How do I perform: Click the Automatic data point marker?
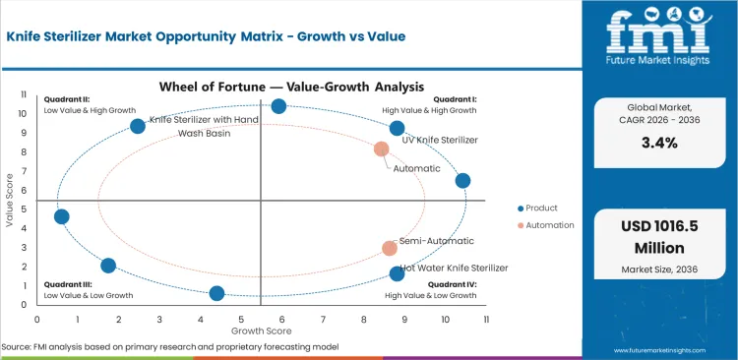point(382,150)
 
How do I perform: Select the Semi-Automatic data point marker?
point(390,249)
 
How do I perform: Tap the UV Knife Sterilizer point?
point(397,128)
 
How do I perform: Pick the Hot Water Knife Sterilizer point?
point(397,273)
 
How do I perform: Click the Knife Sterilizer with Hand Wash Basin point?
point(138,126)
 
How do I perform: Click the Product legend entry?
point(539,208)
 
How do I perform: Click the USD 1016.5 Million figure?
point(659,236)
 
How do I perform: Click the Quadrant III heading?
point(68,284)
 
